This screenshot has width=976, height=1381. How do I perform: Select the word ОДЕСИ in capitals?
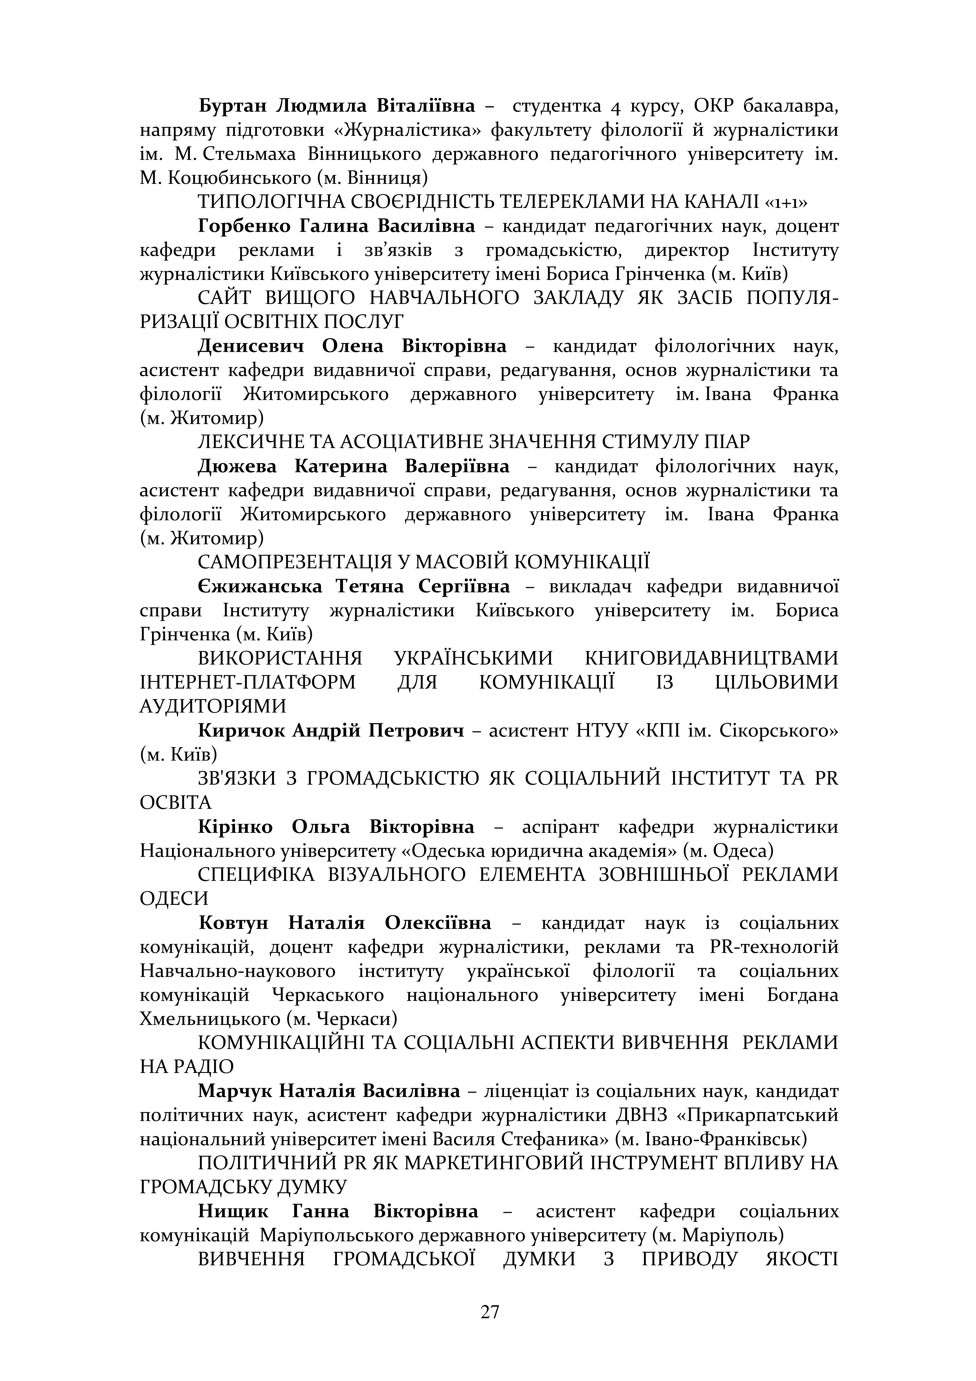(x=174, y=899)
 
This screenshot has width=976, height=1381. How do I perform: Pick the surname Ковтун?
(x=233, y=923)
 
